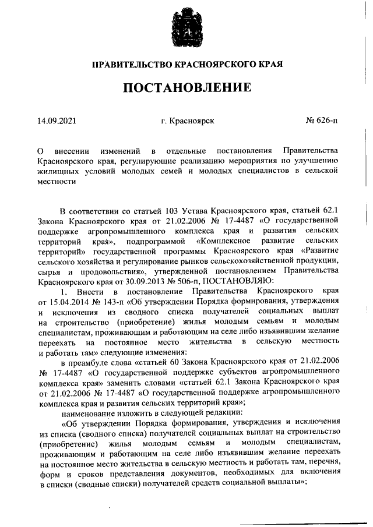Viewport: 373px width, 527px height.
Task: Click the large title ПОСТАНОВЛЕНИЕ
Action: click(x=186, y=88)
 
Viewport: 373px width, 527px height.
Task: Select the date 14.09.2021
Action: click(x=57, y=121)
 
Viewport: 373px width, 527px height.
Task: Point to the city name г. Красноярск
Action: click(x=187, y=121)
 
